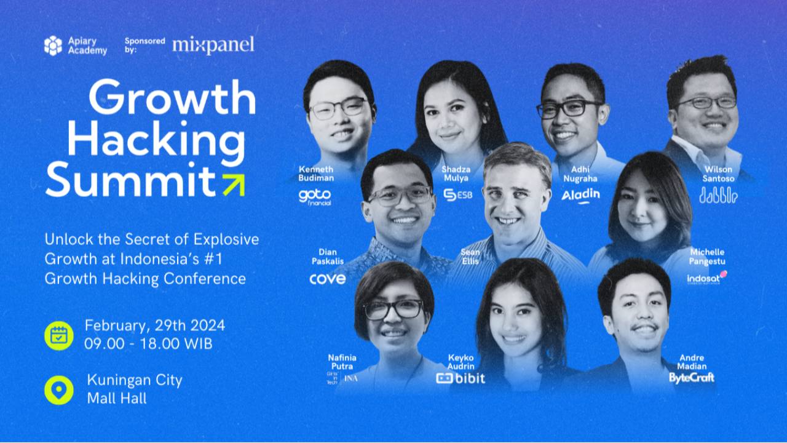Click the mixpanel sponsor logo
(x=213, y=46)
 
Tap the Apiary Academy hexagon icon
(x=53, y=46)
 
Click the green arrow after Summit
(x=233, y=184)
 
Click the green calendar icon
(x=59, y=335)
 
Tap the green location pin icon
(x=59, y=389)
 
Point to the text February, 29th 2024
(x=155, y=325)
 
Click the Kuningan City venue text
(x=135, y=380)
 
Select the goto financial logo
(x=315, y=197)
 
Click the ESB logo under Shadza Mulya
(x=458, y=195)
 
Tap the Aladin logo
(x=580, y=196)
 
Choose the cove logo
(x=327, y=279)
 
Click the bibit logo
(x=461, y=378)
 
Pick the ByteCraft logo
(x=692, y=377)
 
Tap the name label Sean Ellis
(x=471, y=257)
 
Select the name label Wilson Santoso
(x=718, y=174)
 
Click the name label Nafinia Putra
(x=342, y=362)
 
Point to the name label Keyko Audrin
(x=461, y=362)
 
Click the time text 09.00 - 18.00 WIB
(x=149, y=344)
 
